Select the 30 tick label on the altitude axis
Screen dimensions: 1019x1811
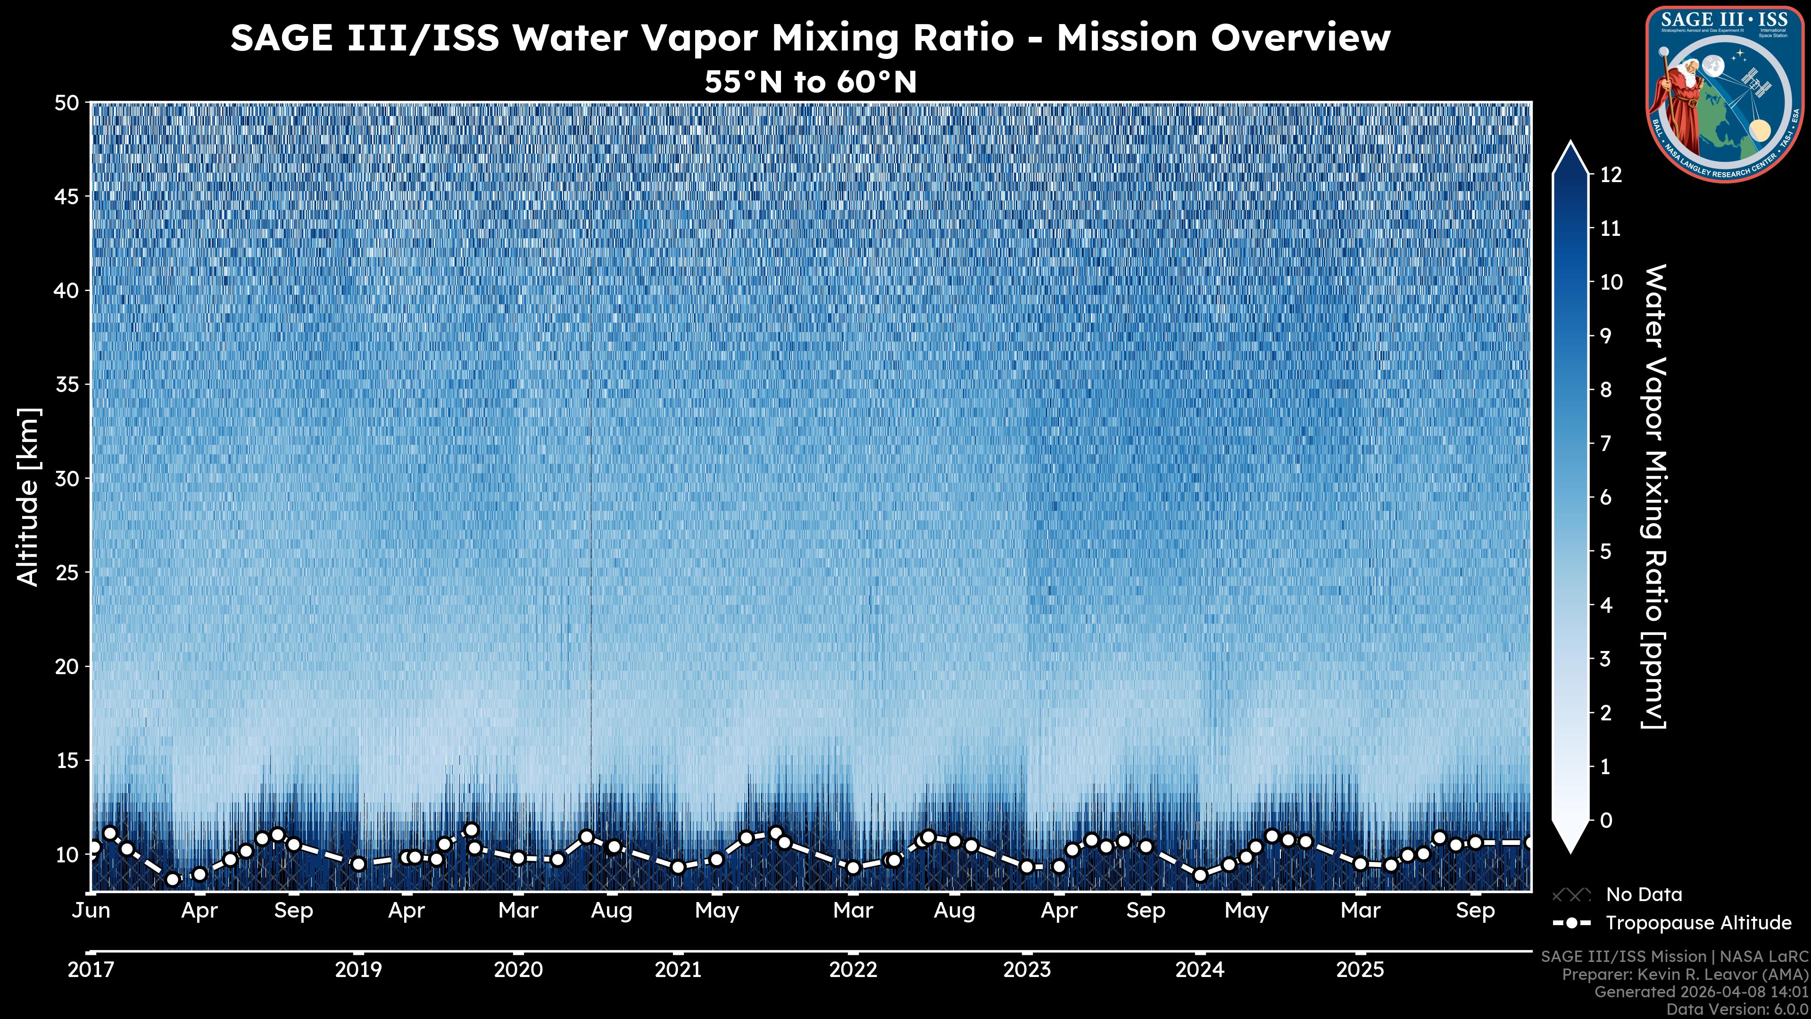click(67, 479)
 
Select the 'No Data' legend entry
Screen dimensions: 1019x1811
click(1644, 894)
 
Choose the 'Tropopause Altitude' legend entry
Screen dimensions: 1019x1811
click(1698, 923)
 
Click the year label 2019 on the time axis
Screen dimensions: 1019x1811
click(358, 970)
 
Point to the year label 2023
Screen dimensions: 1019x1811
click(1026, 970)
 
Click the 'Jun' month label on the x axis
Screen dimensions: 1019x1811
click(91, 910)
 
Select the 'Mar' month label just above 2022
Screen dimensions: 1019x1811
click(853, 910)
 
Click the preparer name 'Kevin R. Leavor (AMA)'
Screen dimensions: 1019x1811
click(1720, 975)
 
